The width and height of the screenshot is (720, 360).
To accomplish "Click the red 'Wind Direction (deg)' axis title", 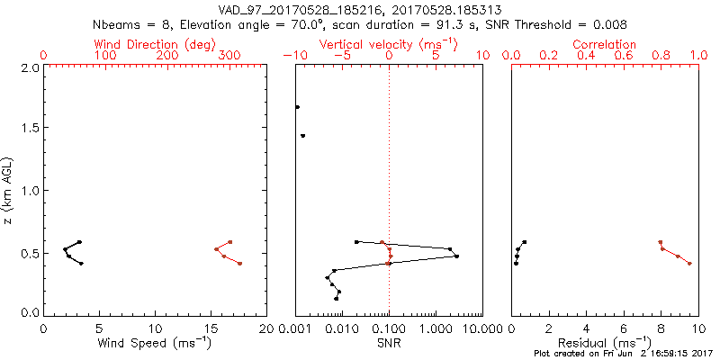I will [155, 44].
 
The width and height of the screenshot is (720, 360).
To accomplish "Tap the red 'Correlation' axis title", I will [604, 44].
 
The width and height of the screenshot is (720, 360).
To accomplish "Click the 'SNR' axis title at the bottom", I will [389, 343].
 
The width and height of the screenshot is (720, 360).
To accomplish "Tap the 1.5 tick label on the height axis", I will [29, 129].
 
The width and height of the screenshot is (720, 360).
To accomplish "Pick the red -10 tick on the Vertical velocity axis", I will [294, 56].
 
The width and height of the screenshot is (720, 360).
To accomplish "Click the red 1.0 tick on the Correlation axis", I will [697, 56].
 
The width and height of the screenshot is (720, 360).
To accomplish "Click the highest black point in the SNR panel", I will [297, 107].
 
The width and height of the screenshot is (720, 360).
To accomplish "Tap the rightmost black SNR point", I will [457, 256].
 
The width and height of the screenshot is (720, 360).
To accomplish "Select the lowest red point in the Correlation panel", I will [689, 264].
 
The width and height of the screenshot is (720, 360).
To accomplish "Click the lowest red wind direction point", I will [239, 264].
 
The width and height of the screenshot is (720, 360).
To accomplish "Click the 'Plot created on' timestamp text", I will [620, 354].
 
